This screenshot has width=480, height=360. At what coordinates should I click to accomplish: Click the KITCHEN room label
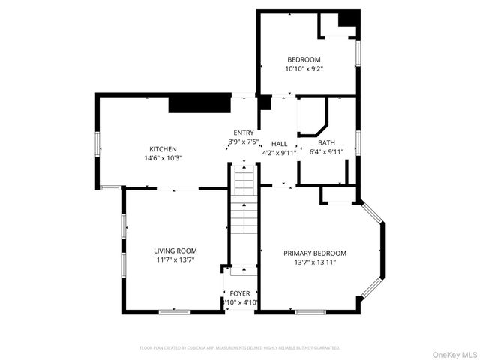163,148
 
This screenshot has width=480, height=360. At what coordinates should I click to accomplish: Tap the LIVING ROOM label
175,250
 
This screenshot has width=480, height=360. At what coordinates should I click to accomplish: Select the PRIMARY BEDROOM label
315,253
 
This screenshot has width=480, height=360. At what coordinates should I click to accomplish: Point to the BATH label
326,143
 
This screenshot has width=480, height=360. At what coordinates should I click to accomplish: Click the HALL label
280,144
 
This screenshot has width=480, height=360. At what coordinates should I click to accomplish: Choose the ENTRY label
244,133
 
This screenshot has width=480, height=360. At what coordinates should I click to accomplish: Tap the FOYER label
240,293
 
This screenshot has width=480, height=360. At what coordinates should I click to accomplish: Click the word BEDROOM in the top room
304,60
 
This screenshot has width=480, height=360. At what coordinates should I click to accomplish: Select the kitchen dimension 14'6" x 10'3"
163,157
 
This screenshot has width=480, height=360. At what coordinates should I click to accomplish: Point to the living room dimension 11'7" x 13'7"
175,259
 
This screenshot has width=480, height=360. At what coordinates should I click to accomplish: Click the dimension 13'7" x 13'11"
315,262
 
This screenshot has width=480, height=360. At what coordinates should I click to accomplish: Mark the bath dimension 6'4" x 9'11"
326,152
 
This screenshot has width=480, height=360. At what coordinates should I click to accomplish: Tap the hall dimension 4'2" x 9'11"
280,153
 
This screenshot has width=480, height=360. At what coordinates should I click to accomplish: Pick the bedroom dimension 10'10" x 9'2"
304,69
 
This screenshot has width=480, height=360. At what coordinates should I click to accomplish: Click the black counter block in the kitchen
199,103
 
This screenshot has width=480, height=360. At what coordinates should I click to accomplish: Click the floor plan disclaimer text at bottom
240,348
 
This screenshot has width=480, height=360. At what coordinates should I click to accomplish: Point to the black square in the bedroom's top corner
346,18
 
